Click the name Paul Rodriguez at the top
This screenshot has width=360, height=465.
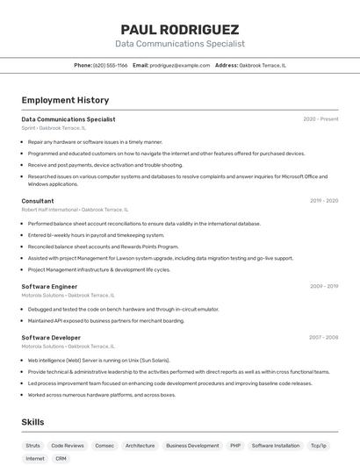(x=179, y=29)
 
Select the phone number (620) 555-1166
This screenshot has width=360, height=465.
(x=110, y=65)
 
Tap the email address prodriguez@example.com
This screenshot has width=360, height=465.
(x=179, y=65)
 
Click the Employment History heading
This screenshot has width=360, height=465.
(x=65, y=100)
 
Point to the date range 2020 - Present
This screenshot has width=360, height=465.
(x=320, y=119)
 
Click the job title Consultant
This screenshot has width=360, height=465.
(x=38, y=201)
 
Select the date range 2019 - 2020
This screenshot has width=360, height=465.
(x=323, y=201)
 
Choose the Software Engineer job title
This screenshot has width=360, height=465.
(x=49, y=286)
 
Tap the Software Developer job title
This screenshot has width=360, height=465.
(x=51, y=338)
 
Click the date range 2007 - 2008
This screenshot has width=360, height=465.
(x=323, y=338)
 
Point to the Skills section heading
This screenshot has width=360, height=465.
(x=32, y=422)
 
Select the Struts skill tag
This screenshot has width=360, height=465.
(x=33, y=446)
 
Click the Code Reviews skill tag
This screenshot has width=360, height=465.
(x=68, y=446)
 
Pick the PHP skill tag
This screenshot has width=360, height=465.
(x=235, y=446)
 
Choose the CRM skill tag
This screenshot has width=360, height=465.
(x=61, y=459)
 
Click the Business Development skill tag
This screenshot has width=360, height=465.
(x=192, y=446)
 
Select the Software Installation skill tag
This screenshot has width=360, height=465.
(x=275, y=446)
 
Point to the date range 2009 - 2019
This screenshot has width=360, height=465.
(x=323, y=286)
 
